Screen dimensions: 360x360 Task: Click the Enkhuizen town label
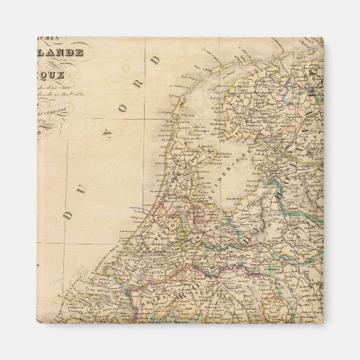pyautogui.click(x=224, y=147)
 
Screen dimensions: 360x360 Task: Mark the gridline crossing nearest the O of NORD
pyautogui.click(x=145, y=120)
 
